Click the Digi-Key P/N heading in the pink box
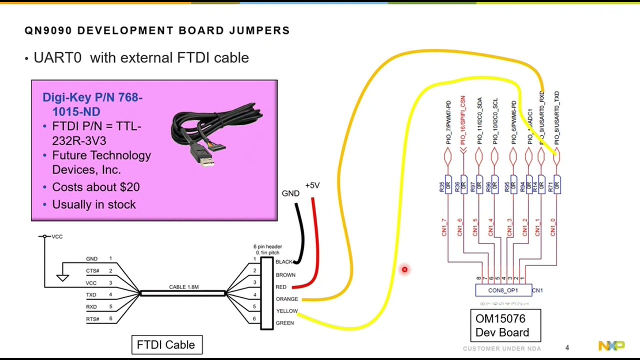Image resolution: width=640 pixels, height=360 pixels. click(92, 104)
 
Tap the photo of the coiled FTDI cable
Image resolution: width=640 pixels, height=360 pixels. click(216, 133)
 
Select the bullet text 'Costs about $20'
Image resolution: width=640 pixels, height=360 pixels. click(95, 187)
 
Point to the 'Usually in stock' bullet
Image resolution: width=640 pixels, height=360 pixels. click(93, 204)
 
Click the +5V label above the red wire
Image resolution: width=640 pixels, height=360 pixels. click(312, 185)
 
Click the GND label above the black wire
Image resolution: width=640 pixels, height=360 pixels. click(290, 193)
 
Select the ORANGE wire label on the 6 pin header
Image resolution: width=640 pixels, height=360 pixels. click(286, 299)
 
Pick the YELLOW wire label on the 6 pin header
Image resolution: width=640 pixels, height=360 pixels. click(286, 311)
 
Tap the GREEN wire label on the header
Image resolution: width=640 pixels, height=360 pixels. click(284, 323)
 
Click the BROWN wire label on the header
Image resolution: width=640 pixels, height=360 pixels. click(285, 275)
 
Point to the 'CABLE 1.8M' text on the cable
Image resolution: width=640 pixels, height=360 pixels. click(183, 287)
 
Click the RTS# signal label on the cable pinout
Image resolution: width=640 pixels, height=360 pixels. click(92, 319)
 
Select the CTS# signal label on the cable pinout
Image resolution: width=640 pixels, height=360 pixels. click(92, 271)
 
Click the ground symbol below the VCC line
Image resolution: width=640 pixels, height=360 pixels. click(62, 277)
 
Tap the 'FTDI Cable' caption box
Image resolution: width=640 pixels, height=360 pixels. click(166, 345)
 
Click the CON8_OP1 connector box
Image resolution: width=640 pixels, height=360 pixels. click(503, 290)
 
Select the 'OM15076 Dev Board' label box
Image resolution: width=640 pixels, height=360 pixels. click(505, 325)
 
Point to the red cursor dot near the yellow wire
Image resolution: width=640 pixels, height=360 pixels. click(404, 270)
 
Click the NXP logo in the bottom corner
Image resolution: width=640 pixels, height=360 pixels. click(611, 346)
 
